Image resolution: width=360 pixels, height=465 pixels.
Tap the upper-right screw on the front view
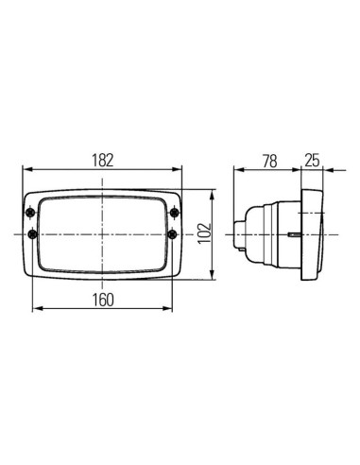tap(174, 210)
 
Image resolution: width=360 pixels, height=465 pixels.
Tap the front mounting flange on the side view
tap(312, 232)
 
